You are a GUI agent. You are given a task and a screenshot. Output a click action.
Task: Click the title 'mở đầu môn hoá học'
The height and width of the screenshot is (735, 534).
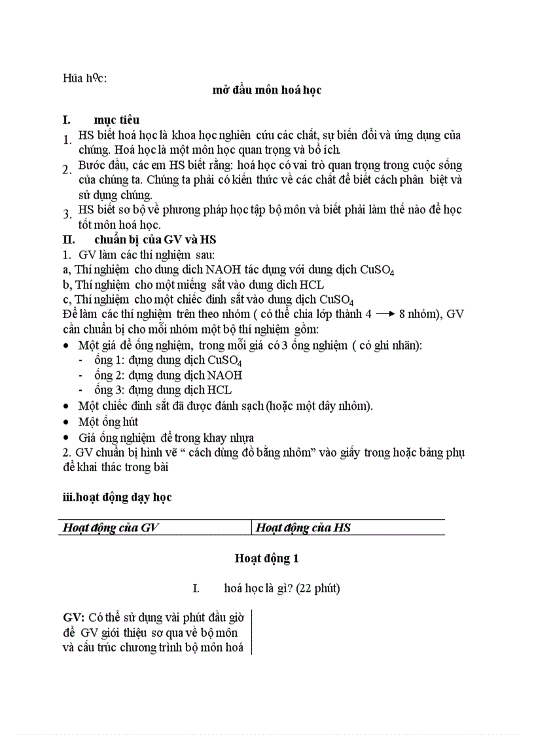(266, 90)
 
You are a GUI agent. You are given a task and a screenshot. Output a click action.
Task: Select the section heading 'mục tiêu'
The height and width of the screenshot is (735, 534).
(116, 120)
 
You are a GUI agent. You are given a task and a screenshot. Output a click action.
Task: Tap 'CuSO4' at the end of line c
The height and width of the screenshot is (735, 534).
(336, 300)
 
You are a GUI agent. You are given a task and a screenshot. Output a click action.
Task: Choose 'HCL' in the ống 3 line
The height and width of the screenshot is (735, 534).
(219, 390)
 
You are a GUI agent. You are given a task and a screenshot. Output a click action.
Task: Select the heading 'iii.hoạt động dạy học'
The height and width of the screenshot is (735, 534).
(116, 497)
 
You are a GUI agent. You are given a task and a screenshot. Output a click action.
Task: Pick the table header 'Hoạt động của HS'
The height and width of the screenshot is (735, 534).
(303, 528)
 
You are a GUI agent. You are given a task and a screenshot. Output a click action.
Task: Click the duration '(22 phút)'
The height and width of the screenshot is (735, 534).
(317, 589)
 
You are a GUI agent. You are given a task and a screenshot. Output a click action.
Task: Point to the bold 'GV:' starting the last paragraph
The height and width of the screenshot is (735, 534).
(73, 617)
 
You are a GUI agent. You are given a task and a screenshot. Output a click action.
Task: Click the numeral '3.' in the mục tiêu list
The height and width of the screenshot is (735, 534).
(67, 214)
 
